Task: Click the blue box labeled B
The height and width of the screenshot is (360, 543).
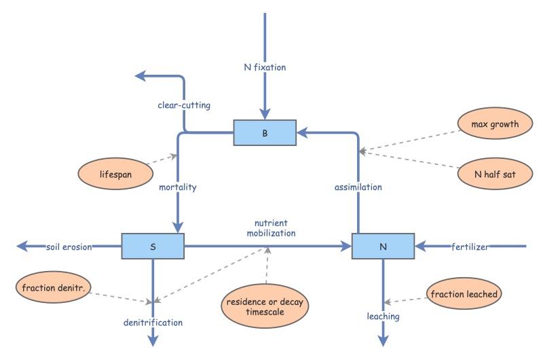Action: pyautogui.click(x=265, y=132)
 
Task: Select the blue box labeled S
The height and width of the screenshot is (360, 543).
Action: pyautogui.click(x=152, y=246)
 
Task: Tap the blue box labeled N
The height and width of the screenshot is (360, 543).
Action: pyautogui.click(x=383, y=246)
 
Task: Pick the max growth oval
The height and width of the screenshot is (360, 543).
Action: pyautogui.click(x=487, y=124)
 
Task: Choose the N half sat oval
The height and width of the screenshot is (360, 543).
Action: pyautogui.click(x=487, y=175)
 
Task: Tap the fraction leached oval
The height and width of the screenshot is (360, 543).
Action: pyautogui.click(x=464, y=294)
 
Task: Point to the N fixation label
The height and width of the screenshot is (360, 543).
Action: pyautogui.click(x=265, y=67)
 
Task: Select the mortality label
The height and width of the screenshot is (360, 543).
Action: pyautogui.click(x=178, y=187)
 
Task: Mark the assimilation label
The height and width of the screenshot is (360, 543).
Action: pyautogui.click(x=359, y=187)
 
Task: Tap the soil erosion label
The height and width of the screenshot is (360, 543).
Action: pyautogui.click(x=69, y=247)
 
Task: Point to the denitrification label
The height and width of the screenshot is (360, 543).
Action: pyautogui.click(x=153, y=323)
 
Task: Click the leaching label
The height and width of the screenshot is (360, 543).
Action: pyautogui.click(x=383, y=317)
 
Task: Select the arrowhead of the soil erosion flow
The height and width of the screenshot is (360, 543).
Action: pyautogui.click(x=22, y=246)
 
